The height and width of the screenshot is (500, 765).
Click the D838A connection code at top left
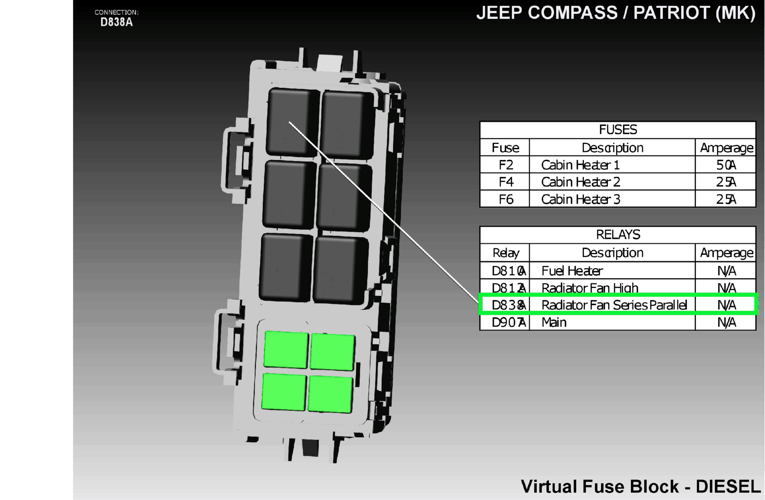pyautogui.click(x=116, y=22)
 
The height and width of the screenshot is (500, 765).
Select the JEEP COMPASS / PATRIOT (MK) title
pyautogui.click(x=616, y=13)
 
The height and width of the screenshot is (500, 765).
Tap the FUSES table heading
pyautogui.click(x=618, y=130)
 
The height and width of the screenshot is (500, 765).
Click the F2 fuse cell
pyautogui.click(x=506, y=165)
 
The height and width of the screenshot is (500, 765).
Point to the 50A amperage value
pyautogui.click(x=726, y=165)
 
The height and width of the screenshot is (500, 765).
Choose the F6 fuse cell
pyautogui.click(x=506, y=199)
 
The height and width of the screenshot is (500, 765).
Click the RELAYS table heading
pyautogui.click(x=618, y=235)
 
